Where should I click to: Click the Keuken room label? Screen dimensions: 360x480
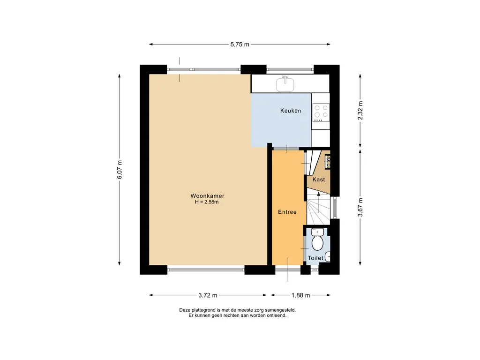click(290, 111)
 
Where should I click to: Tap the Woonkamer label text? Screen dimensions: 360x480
click(207, 196)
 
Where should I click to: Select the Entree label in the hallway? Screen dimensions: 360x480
click(287, 212)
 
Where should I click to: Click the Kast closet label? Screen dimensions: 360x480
click(319, 180)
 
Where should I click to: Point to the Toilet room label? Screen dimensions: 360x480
click(315, 258)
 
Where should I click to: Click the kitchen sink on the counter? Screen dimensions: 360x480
click(285, 84)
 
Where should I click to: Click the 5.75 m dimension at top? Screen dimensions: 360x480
click(240, 45)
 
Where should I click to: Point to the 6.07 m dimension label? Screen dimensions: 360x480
click(120, 169)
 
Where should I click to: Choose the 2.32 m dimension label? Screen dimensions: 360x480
click(360, 111)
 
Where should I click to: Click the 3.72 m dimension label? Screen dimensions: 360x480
click(208, 295)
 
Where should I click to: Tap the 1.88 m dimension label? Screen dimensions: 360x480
click(300, 295)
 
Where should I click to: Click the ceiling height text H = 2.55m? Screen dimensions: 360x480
click(207, 202)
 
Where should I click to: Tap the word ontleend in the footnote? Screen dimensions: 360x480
click(275, 315)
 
